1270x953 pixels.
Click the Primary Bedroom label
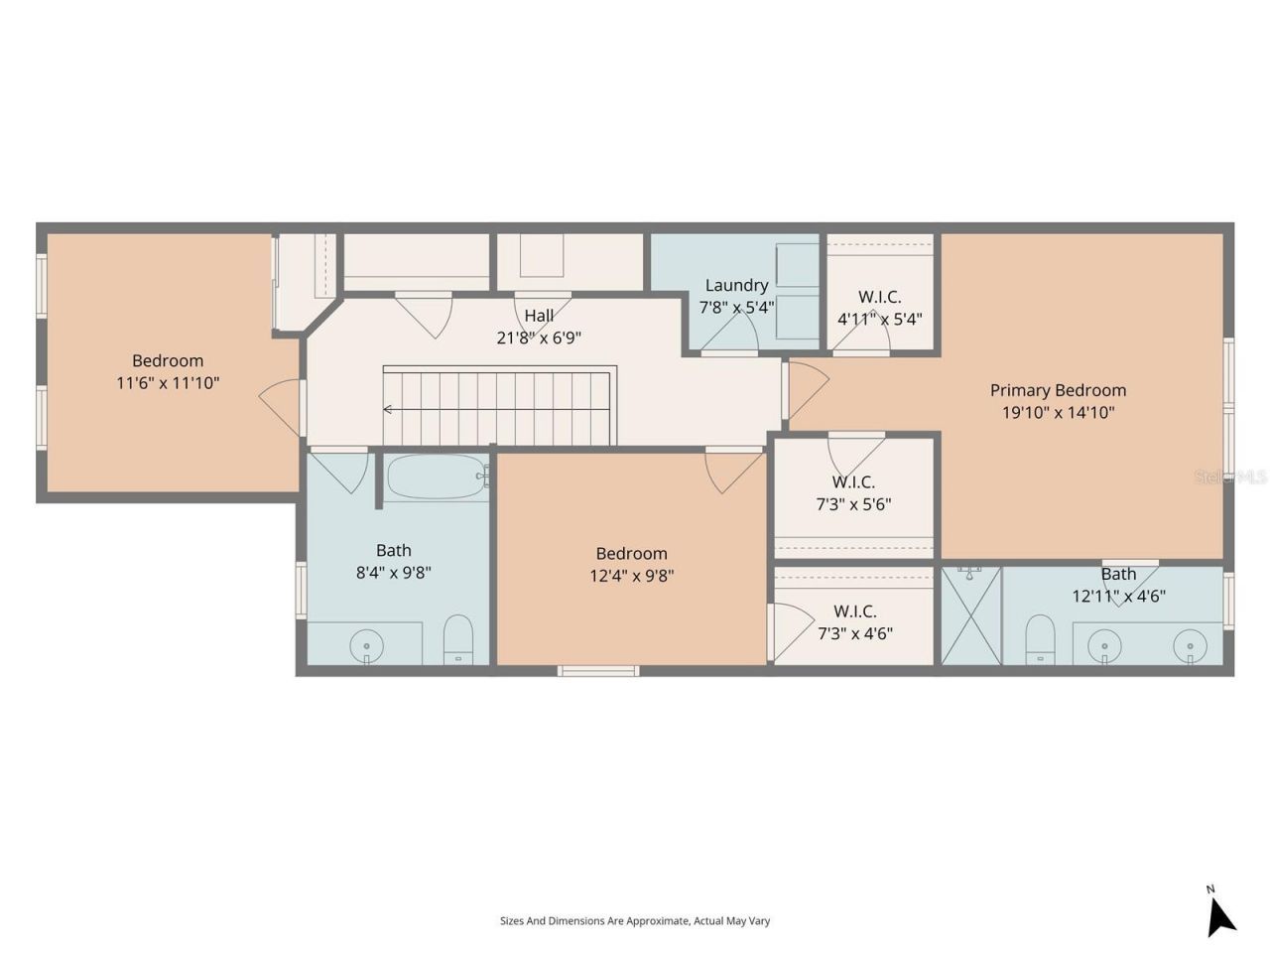tap(1058, 390)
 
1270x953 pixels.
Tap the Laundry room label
tap(736, 285)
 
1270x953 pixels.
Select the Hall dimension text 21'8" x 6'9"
tap(539, 338)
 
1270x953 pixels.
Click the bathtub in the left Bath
tap(436, 476)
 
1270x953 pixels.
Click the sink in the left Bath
tap(366, 645)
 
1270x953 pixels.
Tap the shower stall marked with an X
tap(970, 615)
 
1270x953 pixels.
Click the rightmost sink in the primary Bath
tap(1190, 645)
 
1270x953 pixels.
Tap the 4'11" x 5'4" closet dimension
tap(879, 319)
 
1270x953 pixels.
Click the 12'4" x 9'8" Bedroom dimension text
tap(631, 575)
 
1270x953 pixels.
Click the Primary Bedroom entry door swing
tap(806, 389)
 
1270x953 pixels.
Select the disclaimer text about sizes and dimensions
tap(635, 921)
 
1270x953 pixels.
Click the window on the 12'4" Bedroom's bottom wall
tap(598, 671)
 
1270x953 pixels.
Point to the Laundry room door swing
tap(729, 333)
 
